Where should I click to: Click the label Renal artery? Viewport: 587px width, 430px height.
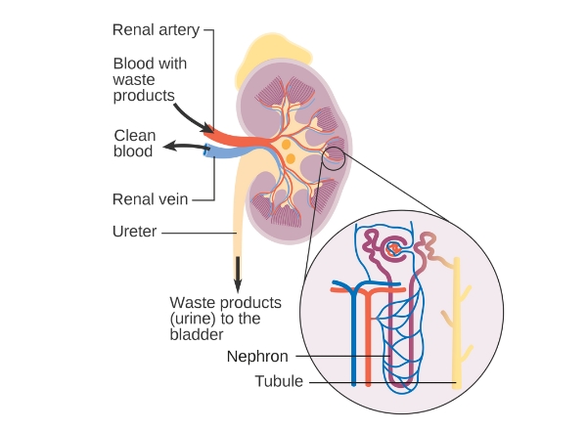click(156, 30)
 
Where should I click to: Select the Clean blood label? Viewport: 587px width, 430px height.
click(134, 144)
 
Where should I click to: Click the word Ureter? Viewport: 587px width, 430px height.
click(135, 233)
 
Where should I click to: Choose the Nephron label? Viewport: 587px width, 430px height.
click(257, 357)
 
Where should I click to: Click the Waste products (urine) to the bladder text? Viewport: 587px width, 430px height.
click(226, 319)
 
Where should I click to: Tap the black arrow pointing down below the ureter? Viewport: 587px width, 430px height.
click(236, 273)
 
